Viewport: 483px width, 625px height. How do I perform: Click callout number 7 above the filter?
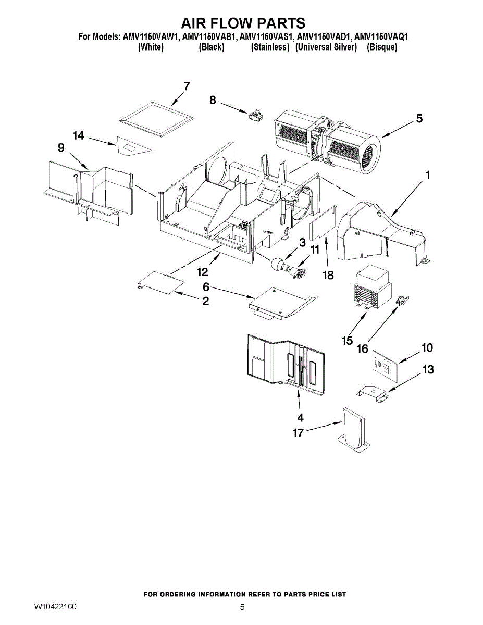186,86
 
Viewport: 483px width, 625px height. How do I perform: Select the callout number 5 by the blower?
419,119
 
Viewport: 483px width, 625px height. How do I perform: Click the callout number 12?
202,272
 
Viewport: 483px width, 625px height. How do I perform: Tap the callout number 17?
298,433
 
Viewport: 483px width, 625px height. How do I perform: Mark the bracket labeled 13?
373,394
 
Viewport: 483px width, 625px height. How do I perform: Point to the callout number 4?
300,417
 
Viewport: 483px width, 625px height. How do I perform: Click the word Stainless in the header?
270,47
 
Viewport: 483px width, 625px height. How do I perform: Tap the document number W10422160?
56,607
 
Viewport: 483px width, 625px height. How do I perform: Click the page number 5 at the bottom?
242,607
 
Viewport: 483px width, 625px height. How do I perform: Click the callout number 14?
78,136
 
